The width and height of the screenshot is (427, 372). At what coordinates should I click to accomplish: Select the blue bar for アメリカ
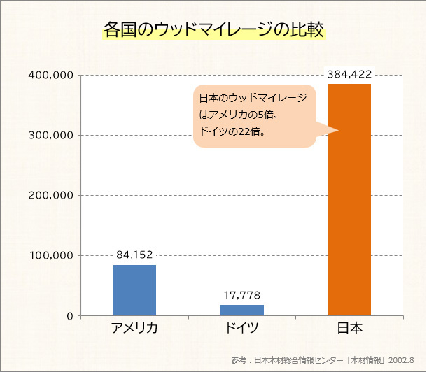pyautogui.click(x=134, y=290)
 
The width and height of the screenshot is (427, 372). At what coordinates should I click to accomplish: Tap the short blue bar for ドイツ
pyautogui.click(x=242, y=310)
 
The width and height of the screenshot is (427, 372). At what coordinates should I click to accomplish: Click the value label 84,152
pyautogui.click(x=134, y=255)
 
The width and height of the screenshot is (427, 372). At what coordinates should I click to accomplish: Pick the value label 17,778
pyautogui.click(x=242, y=295)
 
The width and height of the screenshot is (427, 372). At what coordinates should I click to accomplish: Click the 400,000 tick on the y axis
pyautogui.click(x=53, y=75)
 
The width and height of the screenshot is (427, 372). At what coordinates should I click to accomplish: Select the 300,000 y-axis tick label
pyautogui.click(x=53, y=135)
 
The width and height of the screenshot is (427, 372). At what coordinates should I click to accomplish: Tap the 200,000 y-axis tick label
pyautogui.click(x=53, y=195)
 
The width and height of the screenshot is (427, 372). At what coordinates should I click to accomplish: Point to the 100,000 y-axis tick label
pyautogui.click(x=53, y=255)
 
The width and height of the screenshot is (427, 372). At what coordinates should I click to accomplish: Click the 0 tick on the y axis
pyautogui.click(x=70, y=316)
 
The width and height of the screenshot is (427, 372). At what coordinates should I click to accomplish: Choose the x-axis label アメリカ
pyautogui.click(x=134, y=329)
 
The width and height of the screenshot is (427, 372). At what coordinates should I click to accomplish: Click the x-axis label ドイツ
pyautogui.click(x=242, y=329)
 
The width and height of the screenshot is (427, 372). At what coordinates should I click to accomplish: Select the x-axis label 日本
pyautogui.click(x=349, y=329)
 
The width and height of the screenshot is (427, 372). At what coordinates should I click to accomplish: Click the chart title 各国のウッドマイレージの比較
pyautogui.click(x=213, y=31)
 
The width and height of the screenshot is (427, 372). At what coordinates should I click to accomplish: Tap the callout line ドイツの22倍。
pyautogui.click(x=232, y=131)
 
